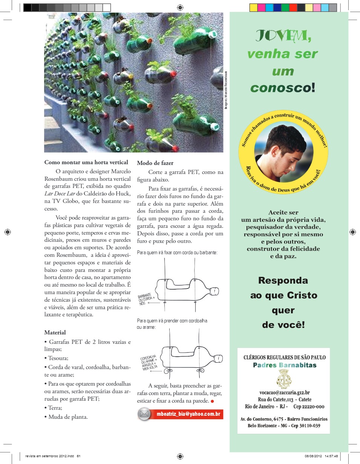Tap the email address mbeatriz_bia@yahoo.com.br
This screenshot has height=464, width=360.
(188, 414)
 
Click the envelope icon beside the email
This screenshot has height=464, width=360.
(145, 414)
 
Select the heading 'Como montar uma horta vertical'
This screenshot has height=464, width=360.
(86, 162)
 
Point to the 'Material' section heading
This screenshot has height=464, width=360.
(55, 332)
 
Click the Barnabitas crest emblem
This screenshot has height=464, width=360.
(283, 379)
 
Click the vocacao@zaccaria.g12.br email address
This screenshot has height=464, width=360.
(285, 392)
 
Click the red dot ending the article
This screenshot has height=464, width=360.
(212, 401)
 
